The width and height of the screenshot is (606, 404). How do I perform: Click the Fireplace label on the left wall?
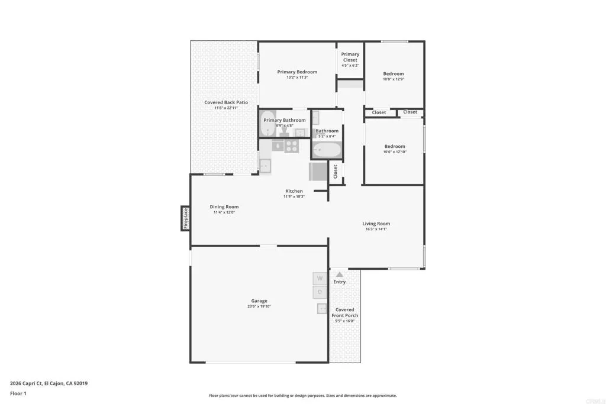click(185, 218)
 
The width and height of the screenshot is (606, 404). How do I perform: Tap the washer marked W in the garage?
click(320, 278)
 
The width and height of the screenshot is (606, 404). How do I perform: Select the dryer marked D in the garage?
click(320, 292)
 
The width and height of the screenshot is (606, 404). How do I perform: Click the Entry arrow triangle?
click(339, 274)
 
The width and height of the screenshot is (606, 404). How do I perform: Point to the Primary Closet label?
click(350, 57)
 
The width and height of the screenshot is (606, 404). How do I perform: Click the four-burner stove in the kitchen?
click(291, 145)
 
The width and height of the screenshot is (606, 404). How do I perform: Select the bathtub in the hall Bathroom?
click(326, 150)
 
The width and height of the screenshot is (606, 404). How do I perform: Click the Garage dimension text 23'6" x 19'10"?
click(259, 306)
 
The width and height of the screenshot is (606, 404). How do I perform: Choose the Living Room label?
click(376, 224)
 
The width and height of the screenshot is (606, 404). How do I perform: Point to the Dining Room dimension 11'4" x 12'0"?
click(224, 212)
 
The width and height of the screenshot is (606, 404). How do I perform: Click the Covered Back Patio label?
click(226, 102)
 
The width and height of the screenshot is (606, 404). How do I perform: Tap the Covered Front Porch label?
click(344, 312)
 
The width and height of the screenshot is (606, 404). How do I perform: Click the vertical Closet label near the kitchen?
click(336, 172)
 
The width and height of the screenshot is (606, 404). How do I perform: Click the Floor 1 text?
click(20, 393)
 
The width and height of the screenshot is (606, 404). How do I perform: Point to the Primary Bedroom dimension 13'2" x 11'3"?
click(297, 77)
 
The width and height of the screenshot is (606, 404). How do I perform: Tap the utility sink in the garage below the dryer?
click(323, 308)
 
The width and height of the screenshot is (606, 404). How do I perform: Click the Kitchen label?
click(294, 191)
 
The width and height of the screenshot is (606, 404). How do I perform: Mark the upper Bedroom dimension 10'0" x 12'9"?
click(393, 79)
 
